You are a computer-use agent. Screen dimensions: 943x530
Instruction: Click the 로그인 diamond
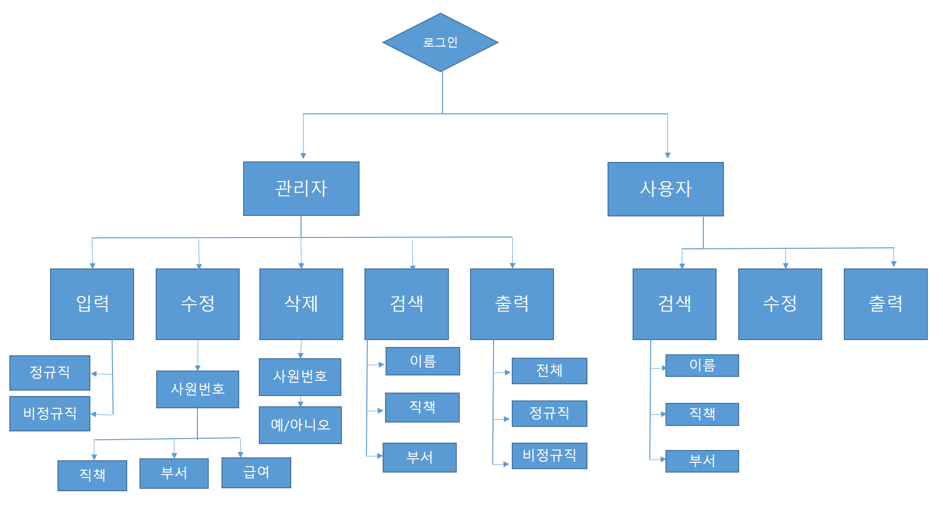441,42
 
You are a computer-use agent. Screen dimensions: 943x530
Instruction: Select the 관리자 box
301,188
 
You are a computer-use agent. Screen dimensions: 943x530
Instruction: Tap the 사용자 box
666,189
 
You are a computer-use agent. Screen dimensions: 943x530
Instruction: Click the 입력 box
92,304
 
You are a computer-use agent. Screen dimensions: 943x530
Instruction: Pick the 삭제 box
301,304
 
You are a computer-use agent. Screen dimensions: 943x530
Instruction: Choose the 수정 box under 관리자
197,304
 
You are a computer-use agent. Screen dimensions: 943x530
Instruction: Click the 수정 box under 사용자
780,304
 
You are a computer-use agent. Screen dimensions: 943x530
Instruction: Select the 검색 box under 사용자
674,304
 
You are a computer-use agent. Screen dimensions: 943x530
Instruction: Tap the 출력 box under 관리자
512,304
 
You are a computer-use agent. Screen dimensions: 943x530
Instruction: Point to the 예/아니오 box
300,425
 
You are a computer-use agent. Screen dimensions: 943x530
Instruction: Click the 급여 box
256,473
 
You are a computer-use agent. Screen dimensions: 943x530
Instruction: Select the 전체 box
550,371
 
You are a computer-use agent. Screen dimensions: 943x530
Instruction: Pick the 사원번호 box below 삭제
300,377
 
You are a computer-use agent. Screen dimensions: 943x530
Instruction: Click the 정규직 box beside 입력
50,372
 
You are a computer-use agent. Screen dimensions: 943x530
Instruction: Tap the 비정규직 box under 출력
550,455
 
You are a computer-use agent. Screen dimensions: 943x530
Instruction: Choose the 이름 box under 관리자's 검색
423,361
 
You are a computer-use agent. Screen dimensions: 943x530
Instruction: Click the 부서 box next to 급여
174,473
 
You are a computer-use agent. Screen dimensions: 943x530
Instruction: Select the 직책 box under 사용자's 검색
702,414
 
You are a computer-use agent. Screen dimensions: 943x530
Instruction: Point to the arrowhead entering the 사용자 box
667,155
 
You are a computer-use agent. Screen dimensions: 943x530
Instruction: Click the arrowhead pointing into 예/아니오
301,404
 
